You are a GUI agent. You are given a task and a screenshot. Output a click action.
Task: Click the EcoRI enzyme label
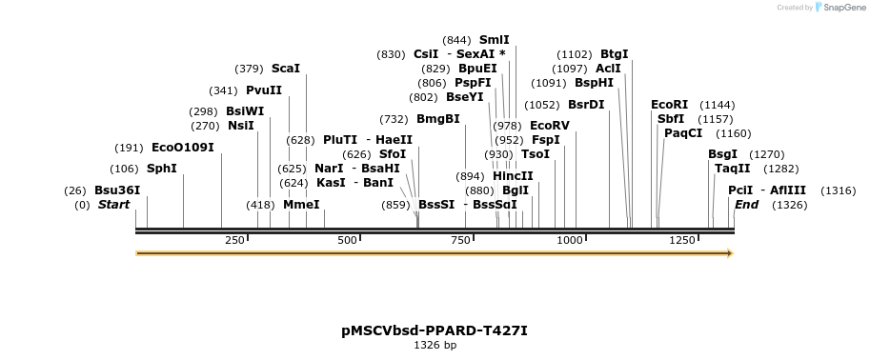click(668, 104)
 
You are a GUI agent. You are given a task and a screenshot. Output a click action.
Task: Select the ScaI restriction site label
click(285, 69)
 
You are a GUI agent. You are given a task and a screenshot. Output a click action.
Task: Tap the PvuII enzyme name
click(264, 90)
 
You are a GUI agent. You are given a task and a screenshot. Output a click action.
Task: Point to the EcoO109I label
click(182, 148)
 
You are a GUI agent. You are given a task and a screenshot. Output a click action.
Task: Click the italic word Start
click(113, 205)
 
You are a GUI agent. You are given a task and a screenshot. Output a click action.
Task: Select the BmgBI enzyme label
click(437, 119)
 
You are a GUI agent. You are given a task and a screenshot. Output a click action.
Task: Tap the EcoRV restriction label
click(549, 126)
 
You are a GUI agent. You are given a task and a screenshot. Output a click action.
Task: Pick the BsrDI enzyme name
click(586, 105)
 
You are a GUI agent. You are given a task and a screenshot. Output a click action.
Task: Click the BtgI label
click(614, 54)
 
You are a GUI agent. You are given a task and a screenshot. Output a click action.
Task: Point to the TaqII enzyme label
click(732, 168)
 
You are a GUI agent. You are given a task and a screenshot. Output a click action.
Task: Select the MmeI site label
click(301, 205)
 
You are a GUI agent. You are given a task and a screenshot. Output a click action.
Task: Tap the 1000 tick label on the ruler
click(571, 240)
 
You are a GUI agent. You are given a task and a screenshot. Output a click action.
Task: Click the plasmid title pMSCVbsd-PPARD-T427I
click(435, 330)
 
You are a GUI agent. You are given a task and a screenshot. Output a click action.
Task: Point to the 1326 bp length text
click(435, 345)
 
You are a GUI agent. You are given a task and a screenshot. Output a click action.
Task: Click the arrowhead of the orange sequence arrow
click(729, 253)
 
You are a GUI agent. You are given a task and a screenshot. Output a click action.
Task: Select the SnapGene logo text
click(842, 8)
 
